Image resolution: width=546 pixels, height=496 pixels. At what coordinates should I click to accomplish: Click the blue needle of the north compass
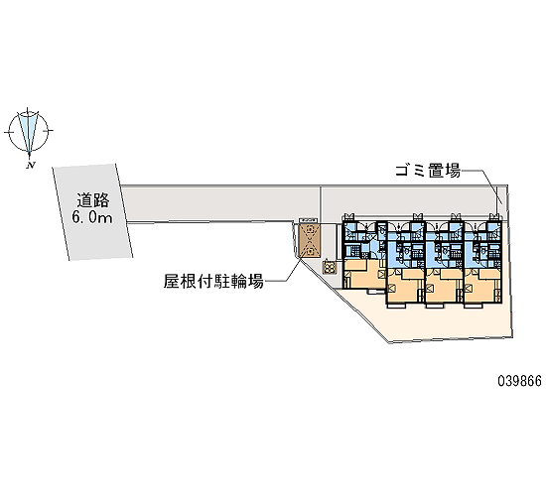(x=28, y=132)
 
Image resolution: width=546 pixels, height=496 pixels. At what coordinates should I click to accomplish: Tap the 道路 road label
(x=93, y=200)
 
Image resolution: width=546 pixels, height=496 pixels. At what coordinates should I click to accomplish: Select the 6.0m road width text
(x=92, y=217)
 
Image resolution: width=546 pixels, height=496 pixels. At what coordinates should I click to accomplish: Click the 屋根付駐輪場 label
(x=213, y=281)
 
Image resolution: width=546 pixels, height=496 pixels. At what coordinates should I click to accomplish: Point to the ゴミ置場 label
(x=428, y=171)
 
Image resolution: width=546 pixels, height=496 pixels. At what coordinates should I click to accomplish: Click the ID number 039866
(x=519, y=381)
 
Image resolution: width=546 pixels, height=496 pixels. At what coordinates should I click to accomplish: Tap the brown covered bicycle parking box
(x=309, y=240)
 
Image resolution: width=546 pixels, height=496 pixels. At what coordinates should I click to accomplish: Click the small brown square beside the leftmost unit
(x=329, y=267)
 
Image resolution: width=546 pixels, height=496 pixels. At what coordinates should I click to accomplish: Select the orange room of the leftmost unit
(x=364, y=274)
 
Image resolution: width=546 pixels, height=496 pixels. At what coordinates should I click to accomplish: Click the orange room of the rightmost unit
(x=482, y=285)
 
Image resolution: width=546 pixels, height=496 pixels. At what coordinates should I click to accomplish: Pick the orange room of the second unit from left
(x=405, y=285)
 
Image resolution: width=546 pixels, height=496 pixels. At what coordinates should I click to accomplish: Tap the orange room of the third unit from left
(x=444, y=285)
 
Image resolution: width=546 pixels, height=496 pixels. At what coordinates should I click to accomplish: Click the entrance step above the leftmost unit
(x=348, y=217)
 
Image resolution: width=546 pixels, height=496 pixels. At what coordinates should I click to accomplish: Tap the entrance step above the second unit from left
(x=418, y=217)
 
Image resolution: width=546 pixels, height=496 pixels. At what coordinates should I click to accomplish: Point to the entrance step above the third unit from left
(x=455, y=217)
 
